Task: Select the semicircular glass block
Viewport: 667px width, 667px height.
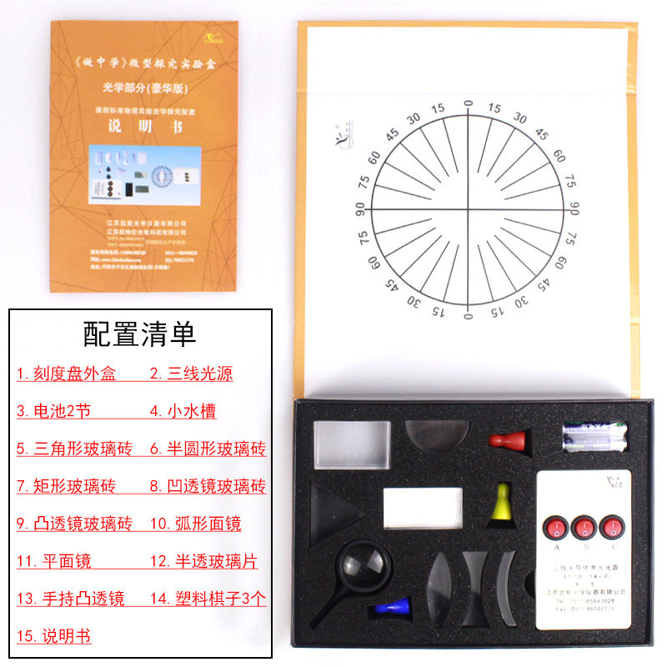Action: (436, 435)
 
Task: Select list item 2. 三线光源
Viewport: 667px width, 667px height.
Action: (191, 374)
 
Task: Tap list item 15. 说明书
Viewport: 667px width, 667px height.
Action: (53, 636)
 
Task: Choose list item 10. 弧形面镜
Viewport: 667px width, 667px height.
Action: (195, 524)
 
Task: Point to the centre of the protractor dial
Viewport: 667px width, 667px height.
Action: (467, 209)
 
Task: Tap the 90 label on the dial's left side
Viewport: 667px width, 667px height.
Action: (360, 208)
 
